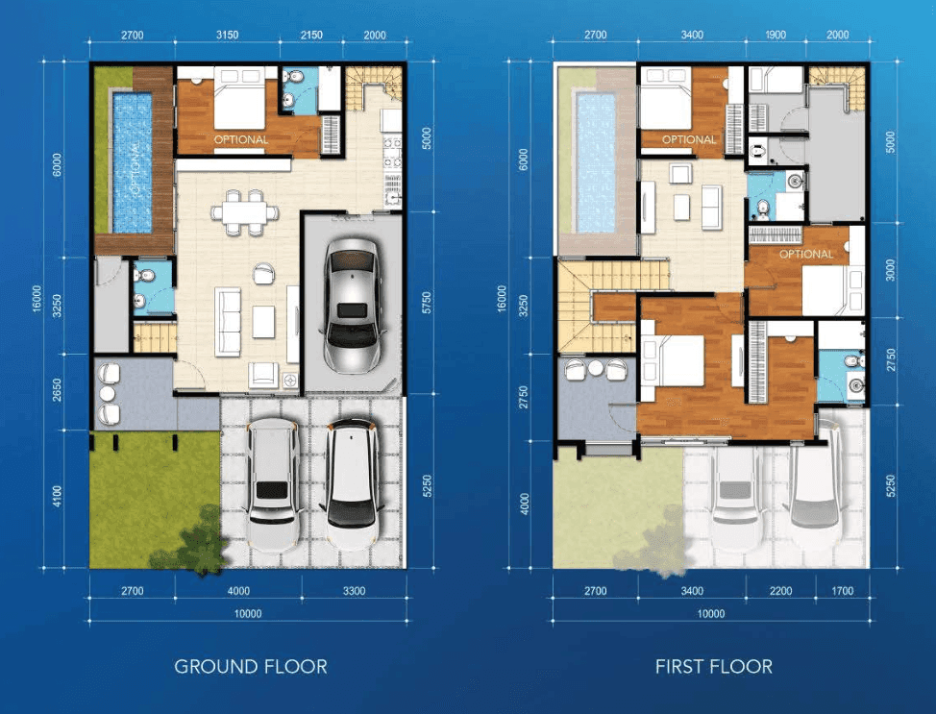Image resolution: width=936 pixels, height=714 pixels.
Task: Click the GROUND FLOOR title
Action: [251, 666]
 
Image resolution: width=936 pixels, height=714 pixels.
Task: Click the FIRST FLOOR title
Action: [713, 666]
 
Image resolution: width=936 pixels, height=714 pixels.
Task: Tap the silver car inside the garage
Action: [354, 305]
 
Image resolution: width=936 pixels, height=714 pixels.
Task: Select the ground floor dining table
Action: [245, 211]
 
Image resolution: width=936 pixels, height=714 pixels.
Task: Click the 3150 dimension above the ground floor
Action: [228, 35]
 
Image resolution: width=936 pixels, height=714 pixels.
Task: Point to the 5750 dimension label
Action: [427, 303]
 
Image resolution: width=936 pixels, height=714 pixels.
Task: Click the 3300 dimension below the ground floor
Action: [354, 591]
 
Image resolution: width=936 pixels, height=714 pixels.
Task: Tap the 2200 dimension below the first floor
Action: [780, 591]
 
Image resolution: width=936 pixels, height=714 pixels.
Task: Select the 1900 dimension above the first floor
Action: [776, 35]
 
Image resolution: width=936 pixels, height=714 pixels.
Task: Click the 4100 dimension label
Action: [58, 497]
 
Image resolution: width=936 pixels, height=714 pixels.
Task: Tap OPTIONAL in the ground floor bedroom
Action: [241, 139]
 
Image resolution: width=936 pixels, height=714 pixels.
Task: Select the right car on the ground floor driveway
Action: [351, 483]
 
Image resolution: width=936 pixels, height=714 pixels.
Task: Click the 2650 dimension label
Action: [58, 390]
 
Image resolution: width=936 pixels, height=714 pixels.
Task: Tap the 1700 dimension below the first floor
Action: [842, 591]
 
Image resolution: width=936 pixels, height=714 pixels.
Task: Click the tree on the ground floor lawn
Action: [191, 540]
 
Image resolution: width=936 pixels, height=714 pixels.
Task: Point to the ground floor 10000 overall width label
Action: [248, 614]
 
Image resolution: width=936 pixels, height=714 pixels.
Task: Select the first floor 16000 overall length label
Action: [502, 298]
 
